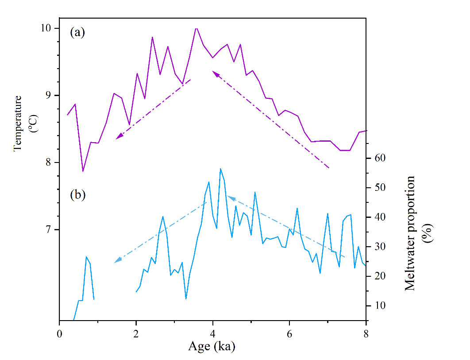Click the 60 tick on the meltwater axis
coord(379,158)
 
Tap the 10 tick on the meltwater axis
coord(379,306)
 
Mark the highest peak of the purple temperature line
coord(196,28)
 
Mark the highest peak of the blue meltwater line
coord(220,169)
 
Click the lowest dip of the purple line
coord(83,171)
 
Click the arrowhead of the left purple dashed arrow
coord(118,137)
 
